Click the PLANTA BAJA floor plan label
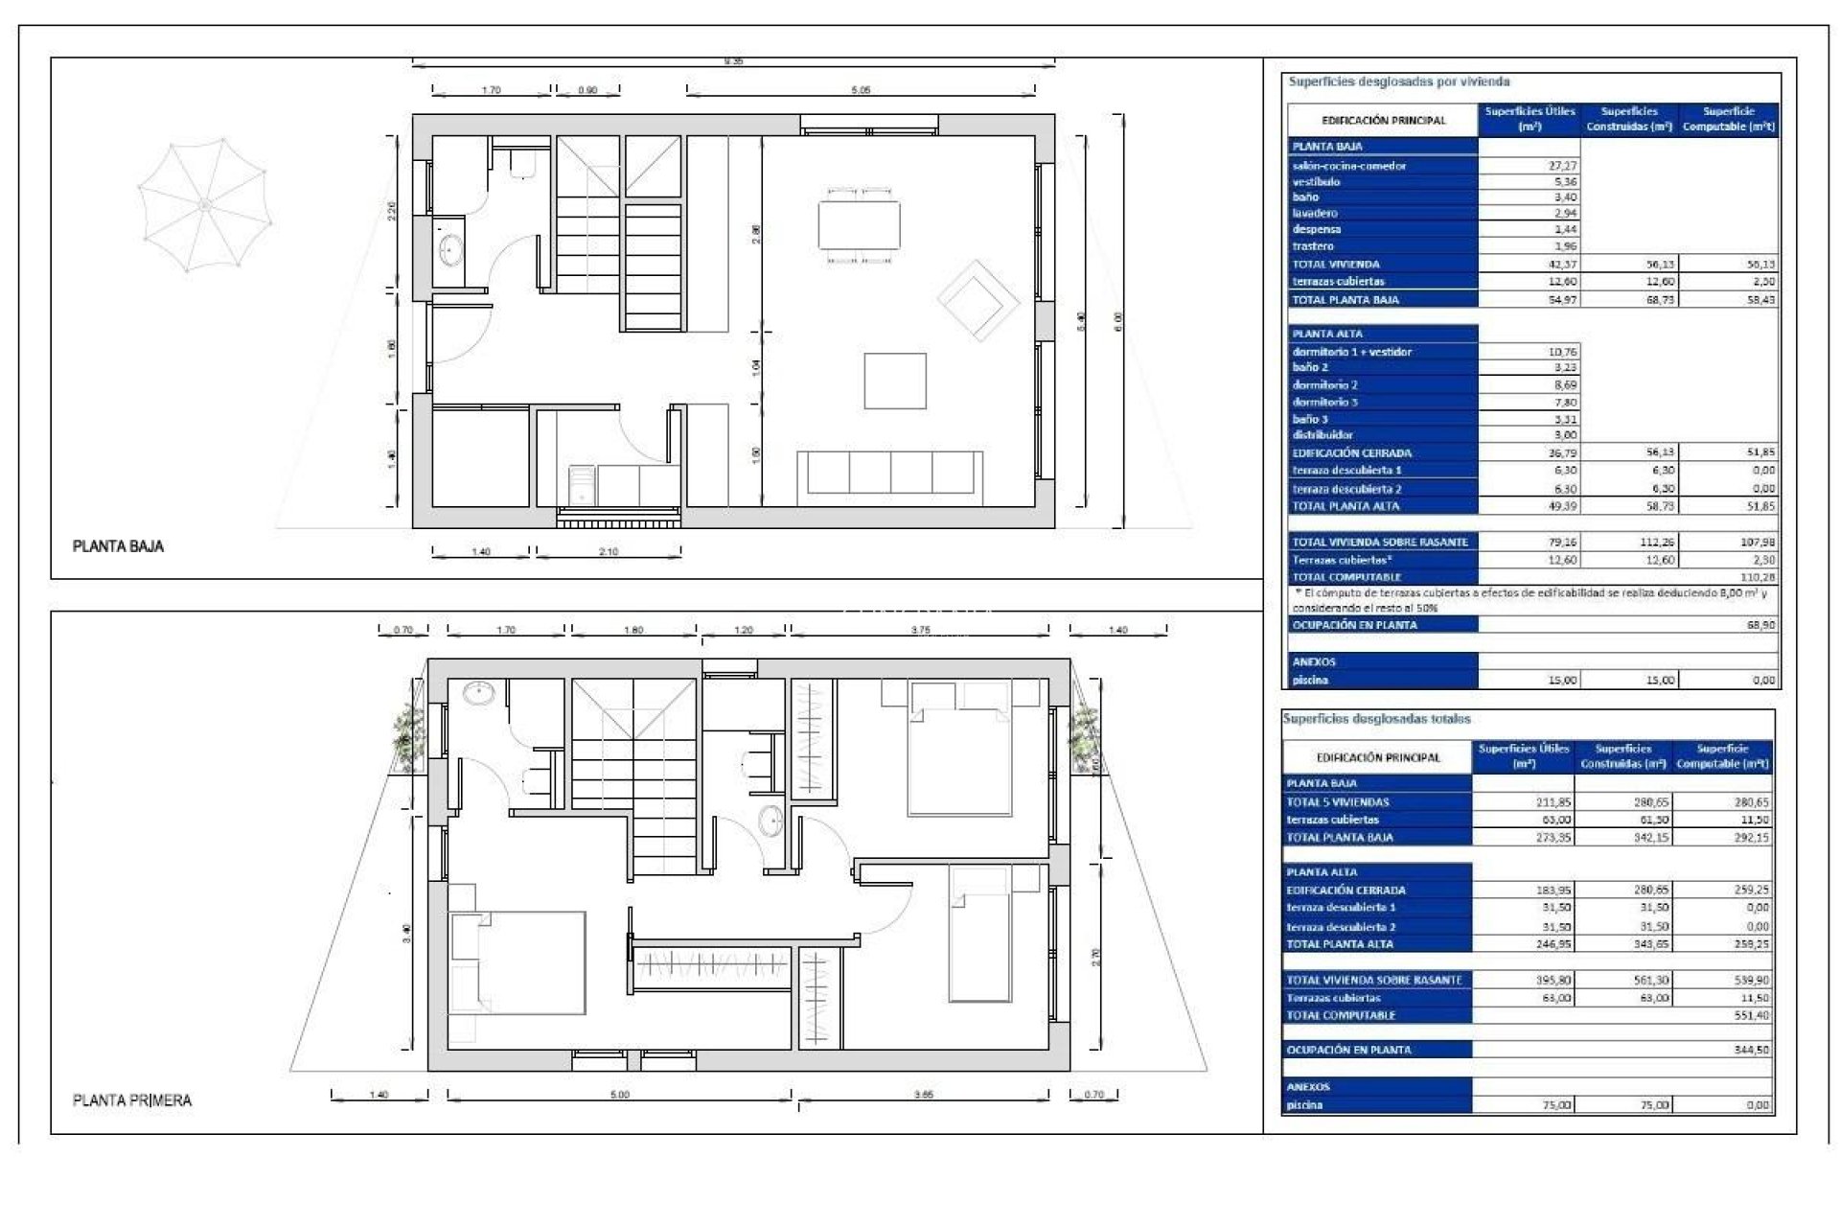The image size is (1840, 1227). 119,546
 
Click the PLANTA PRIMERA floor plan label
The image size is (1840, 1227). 132,1100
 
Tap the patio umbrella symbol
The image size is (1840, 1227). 204,204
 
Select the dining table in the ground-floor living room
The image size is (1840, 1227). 859,224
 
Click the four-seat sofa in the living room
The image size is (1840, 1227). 890,473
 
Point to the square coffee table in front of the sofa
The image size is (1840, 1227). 895,381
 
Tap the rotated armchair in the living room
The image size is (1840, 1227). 977,300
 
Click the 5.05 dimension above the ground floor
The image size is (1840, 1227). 861,90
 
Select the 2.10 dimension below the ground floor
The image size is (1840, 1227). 609,552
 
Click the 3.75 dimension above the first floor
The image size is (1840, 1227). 920,631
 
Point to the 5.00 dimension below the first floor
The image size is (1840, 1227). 620,1095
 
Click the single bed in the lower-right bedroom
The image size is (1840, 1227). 980,935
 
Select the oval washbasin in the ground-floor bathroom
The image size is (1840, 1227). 450,250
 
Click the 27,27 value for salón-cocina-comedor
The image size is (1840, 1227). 1562,166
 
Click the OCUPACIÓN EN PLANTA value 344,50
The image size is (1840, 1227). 1751,1051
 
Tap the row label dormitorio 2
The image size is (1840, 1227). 1324,384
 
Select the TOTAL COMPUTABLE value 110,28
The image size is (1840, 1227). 1757,577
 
